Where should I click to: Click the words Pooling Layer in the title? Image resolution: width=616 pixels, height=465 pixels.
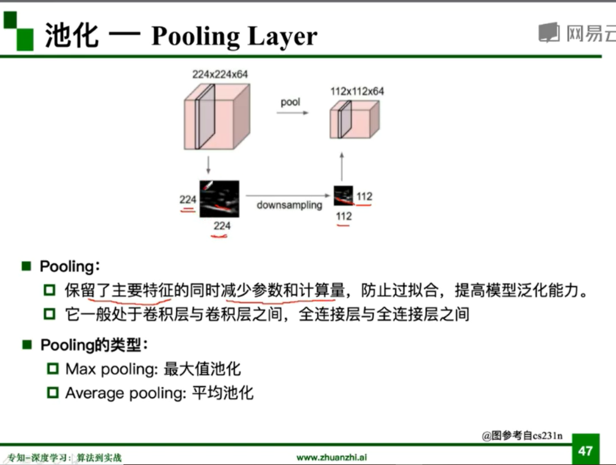click(234, 37)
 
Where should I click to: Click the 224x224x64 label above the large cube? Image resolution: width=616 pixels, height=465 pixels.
click(220, 75)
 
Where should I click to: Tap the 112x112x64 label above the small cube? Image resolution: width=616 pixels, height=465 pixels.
click(357, 91)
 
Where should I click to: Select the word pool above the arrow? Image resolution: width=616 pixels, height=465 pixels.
click(290, 102)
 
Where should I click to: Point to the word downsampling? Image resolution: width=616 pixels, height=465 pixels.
click(289, 205)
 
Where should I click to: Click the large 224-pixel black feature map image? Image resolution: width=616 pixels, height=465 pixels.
click(219, 199)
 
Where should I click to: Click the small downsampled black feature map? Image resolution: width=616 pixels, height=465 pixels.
click(343, 196)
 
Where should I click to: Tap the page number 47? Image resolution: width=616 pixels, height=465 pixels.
click(585, 451)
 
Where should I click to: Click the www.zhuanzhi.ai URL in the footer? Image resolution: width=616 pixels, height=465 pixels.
click(331, 457)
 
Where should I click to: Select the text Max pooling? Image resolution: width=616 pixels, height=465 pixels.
click(111, 369)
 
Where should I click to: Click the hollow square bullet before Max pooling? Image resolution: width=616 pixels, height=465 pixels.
click(53, 369)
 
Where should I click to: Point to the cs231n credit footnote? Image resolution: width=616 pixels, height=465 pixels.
click(522, 436)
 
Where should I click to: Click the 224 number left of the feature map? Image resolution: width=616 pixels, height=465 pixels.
click(187, 200)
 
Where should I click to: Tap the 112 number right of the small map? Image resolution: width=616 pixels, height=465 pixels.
click(364, 196)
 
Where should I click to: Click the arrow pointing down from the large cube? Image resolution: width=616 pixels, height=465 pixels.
click(208, 165)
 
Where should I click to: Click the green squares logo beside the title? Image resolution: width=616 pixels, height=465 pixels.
click(18, 31)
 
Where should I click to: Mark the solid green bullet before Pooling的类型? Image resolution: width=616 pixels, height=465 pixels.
click(27, 345)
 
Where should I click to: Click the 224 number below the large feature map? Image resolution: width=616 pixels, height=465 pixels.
click(222, 226)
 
